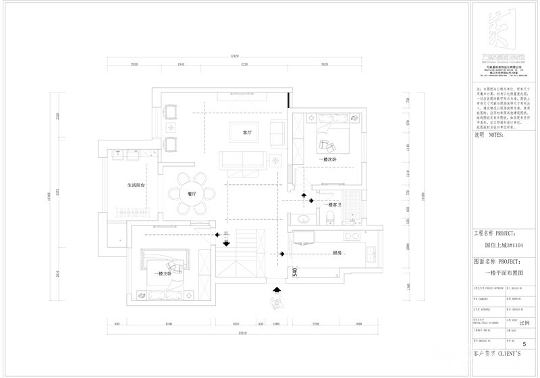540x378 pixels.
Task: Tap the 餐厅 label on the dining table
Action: tap(192, 192)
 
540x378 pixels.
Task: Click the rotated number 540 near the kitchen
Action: tap(294, 273)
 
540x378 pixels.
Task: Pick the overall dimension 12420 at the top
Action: tap(234, 55)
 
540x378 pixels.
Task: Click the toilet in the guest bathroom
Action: tap(329, 217)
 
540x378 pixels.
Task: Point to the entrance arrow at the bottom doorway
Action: tap(276, 291)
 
